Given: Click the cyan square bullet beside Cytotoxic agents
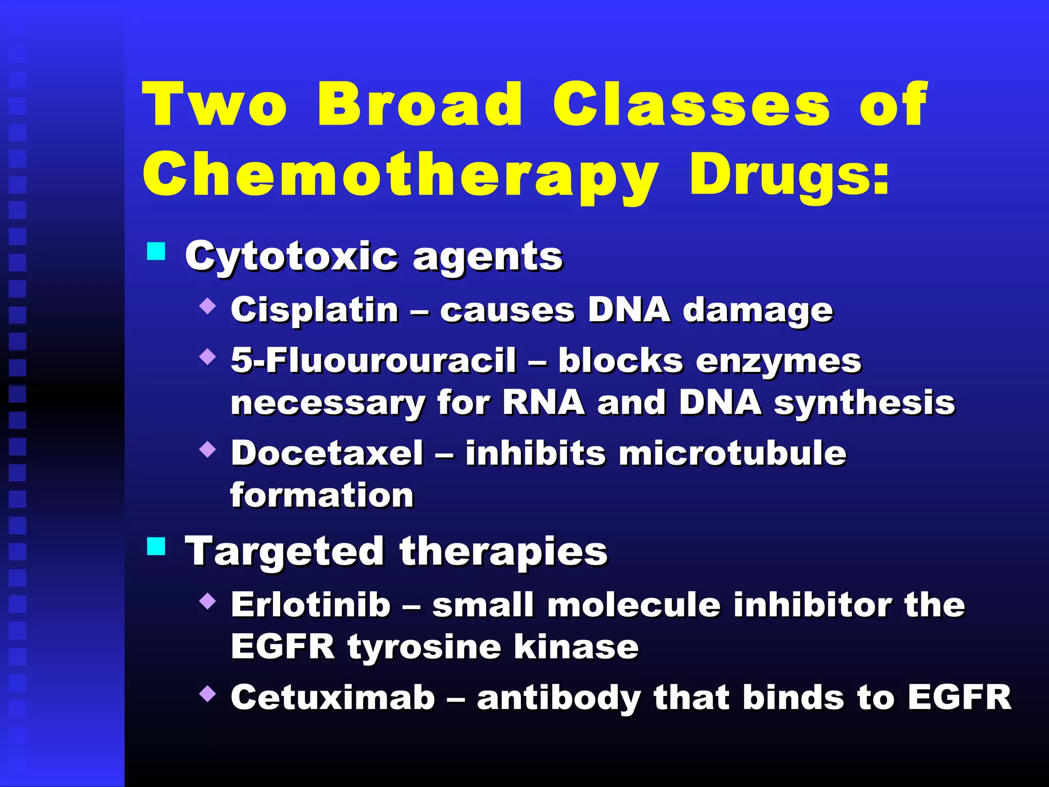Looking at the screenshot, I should pos(156,252).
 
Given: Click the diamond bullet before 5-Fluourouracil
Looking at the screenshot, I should pos(207,357).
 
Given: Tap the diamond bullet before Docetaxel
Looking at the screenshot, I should pos(207,449).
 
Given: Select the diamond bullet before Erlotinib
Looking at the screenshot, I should pos(207,600).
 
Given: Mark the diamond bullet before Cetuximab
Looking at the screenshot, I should pos(207,694).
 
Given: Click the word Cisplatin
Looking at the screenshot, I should pos(314,310).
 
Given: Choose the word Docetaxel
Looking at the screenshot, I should pos(327,453).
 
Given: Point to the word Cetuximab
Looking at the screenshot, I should pos(333,697).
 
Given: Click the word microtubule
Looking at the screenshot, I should pos(732,453).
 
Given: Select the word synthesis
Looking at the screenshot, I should pos(864,403).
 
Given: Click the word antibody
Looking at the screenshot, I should pos(559,698).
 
